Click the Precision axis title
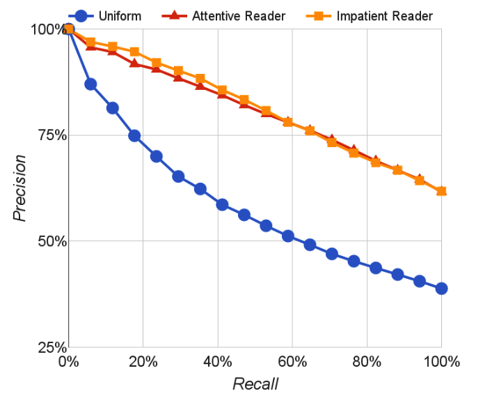tap(21, 188)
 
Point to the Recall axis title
tap(255, 384)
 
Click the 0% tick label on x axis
tap(68, 362)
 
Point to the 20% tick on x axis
tap(143, 362)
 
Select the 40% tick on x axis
tap(217, 362)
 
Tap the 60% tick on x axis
tap(292, 362)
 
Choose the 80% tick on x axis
tap(366, 362)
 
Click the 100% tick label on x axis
tap(441, 362)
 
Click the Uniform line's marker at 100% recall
tap(441, 288)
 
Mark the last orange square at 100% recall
tap(441, 191)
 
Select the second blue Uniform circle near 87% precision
tap(90, 84)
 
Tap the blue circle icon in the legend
tap(83, 15)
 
